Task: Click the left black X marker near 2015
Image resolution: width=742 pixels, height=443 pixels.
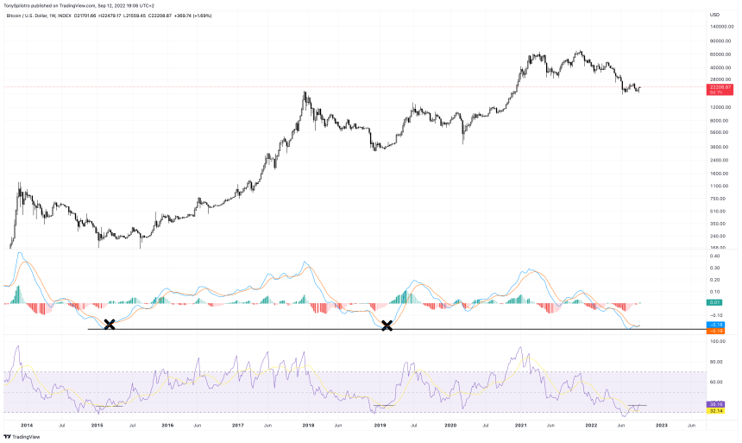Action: point(110,325)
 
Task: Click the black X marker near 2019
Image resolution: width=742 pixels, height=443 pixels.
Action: point(387,325)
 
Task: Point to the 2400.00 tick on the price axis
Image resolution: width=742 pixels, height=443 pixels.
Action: point(718,160)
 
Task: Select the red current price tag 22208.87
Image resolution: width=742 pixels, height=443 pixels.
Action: point(720,87)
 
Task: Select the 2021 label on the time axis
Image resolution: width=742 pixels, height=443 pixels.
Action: point(521,426)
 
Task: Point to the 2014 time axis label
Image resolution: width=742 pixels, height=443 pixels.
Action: point(27,426)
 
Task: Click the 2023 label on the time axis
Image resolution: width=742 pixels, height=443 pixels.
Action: point(662,426)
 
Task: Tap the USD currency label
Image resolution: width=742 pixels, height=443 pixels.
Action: point(714,15)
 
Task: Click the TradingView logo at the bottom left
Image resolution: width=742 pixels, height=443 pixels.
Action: point(22,437)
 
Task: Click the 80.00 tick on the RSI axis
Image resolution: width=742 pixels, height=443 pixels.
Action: point(716,361)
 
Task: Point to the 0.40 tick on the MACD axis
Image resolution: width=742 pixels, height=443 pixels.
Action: point(715,256)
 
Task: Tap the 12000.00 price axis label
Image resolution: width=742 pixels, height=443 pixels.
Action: point(719,107)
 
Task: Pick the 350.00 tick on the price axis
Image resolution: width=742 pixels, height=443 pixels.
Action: point(716,223)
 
